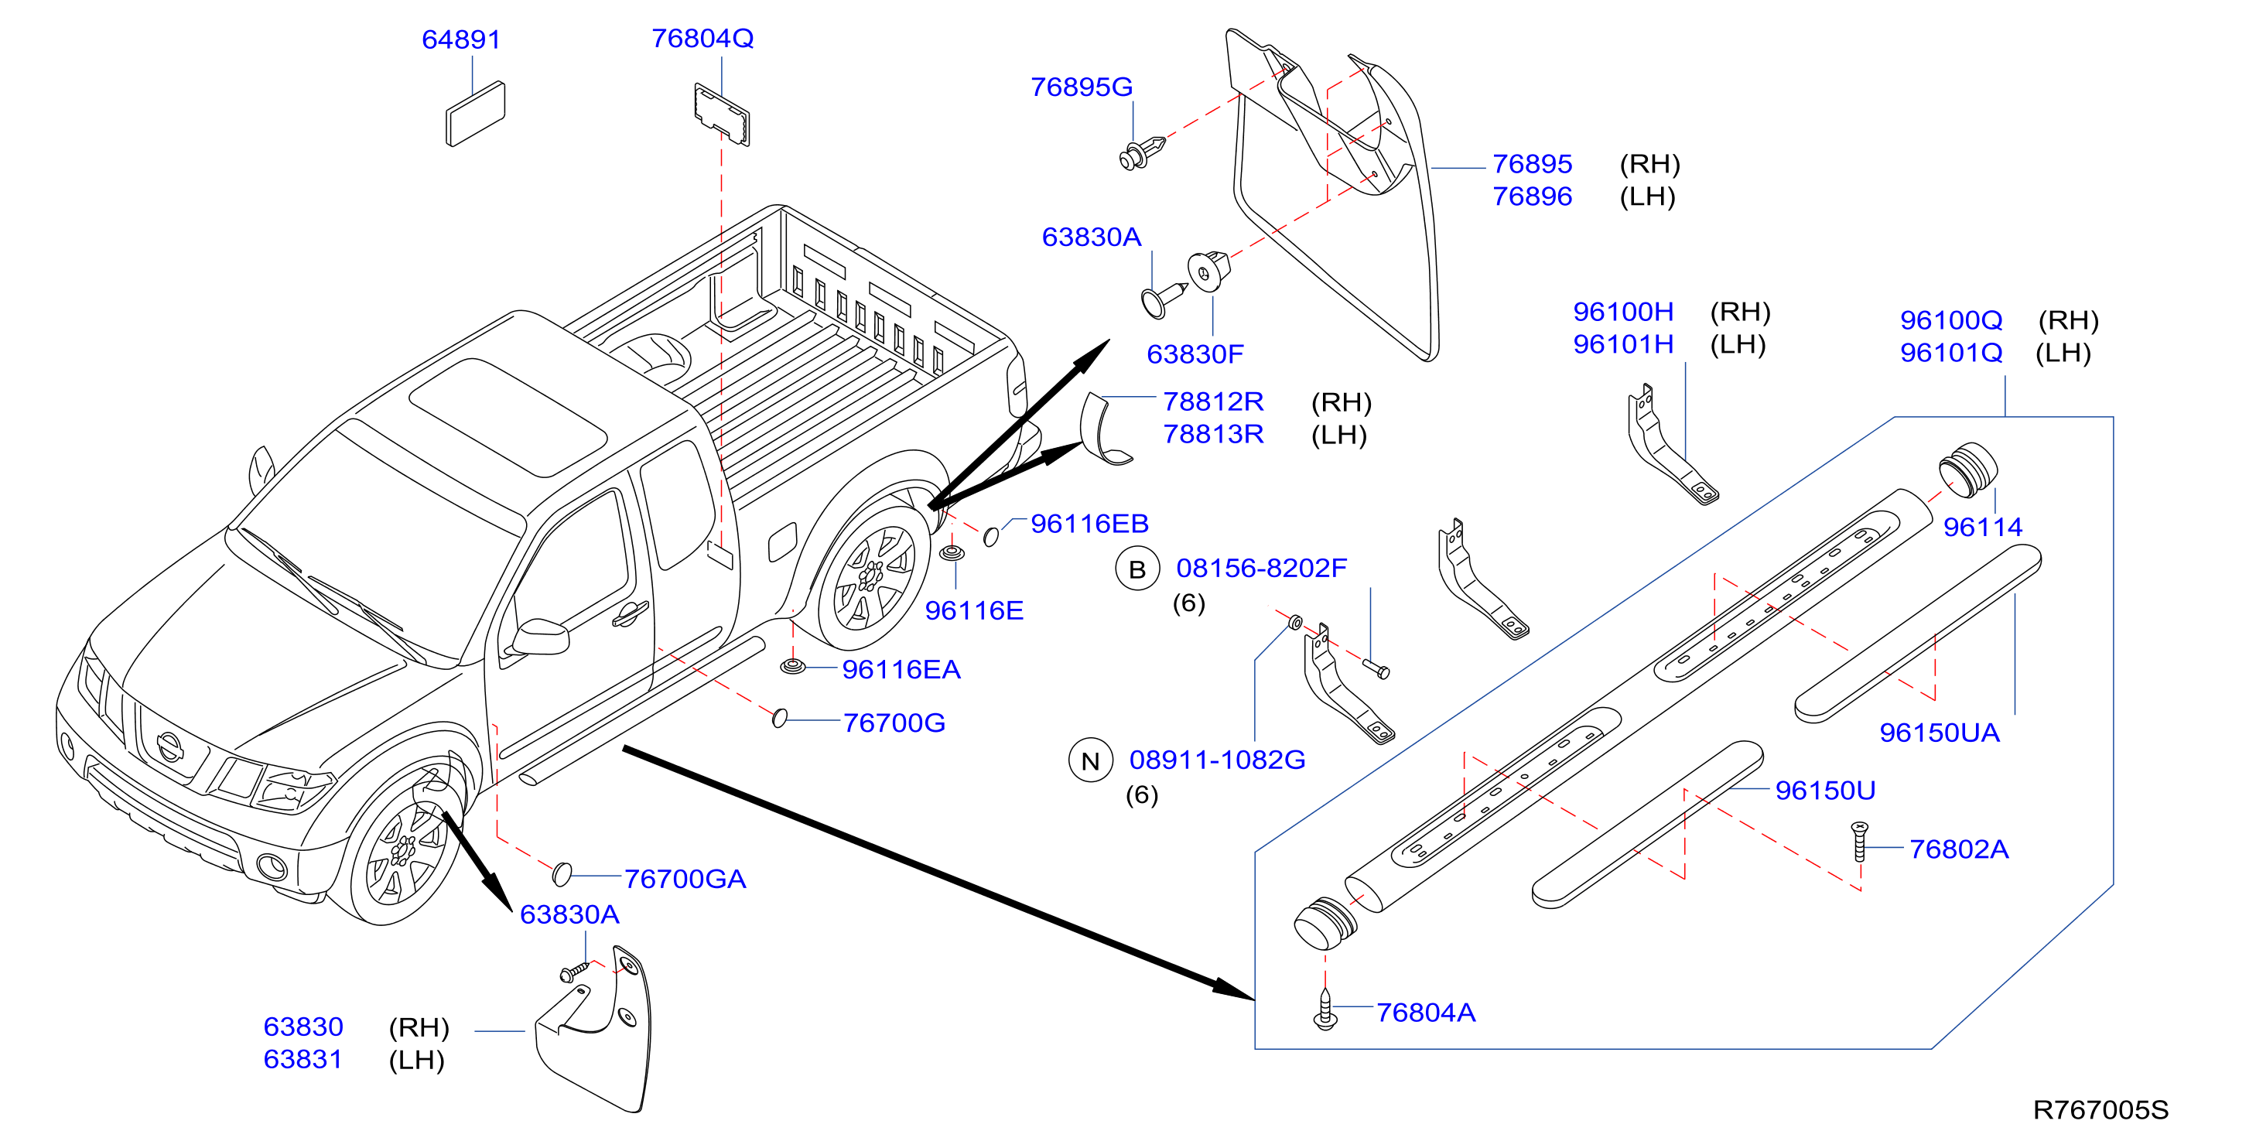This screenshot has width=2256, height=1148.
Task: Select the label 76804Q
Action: [702, 39]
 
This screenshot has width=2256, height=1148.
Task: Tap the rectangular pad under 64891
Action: [475, 113]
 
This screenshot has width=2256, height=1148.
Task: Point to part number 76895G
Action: [1082, 87]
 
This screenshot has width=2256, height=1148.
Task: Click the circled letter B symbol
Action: [1137, 569]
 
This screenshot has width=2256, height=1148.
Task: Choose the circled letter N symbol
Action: [1090, 761]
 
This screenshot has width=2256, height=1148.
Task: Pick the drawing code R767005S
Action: [2100, 1109]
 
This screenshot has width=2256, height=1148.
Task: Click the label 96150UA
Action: [1939, 732]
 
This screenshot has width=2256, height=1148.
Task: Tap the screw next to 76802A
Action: [1859, 842]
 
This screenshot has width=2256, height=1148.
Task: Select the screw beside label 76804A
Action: [1326, 1010]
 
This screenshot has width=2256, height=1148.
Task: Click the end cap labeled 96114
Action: [1968, 470]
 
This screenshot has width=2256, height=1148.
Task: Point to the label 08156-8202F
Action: [1261, 569]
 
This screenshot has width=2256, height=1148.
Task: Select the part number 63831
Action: [303, 1059]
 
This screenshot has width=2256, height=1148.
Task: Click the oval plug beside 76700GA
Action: [562, 873]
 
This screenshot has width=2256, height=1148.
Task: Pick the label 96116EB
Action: [1089, 524]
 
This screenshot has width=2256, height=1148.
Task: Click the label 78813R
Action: [1213, 434]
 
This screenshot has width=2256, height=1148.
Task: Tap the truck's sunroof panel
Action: [508, 418]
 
